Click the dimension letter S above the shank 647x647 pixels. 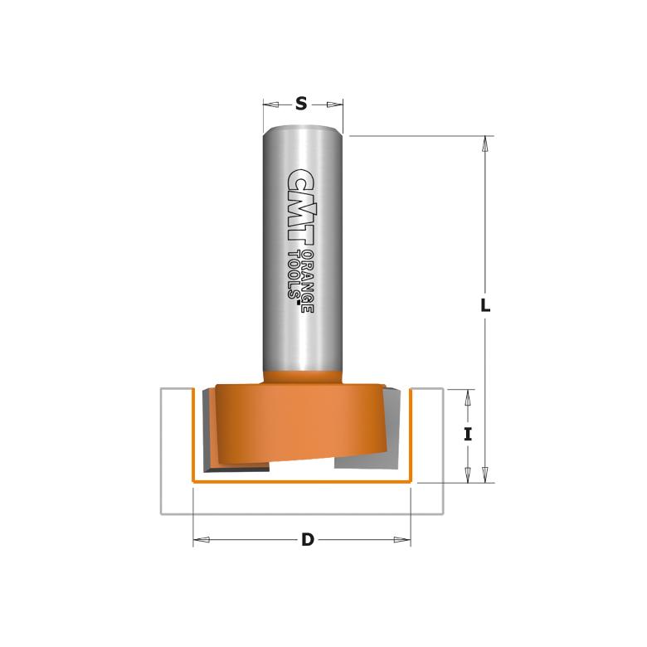[x=302, y=105]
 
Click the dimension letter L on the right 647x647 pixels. [x=486, y=305]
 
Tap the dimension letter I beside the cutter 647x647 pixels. [x=468, y=434]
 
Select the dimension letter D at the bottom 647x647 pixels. [x=308, y=540]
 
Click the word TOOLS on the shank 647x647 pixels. [x=294, y=278]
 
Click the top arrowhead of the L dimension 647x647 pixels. [x=487, y=143]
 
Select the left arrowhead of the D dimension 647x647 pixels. [x=199, y=540]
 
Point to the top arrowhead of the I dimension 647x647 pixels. [x=468, y=395]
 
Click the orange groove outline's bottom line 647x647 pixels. [x=302, y=480]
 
